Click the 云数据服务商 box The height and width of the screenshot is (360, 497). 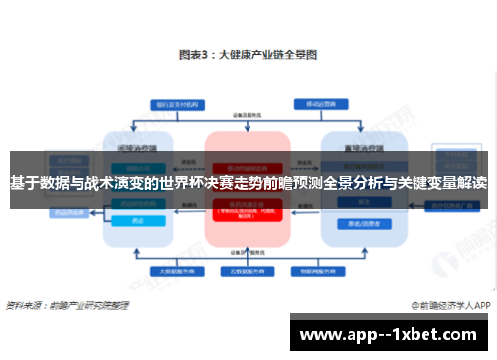coord(248,270)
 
